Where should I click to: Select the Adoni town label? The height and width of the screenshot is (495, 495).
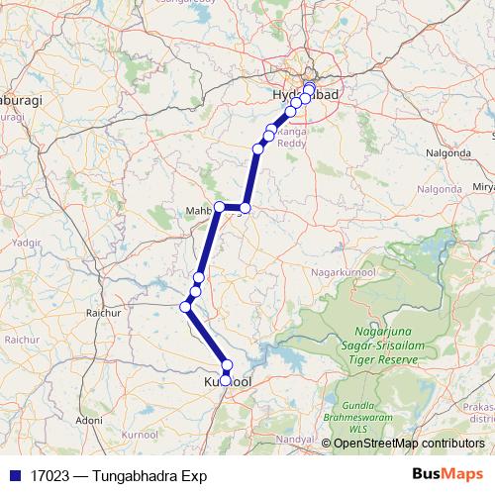(89, 420)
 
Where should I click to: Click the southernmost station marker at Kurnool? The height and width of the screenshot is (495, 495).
(226, 380)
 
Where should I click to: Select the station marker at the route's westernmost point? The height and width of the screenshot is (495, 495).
(185, 307)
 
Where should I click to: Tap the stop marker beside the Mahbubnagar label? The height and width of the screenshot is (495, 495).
(220, 207)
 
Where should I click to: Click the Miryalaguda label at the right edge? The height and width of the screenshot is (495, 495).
(483, 186)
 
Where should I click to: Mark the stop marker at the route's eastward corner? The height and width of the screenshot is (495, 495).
(246, 208)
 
